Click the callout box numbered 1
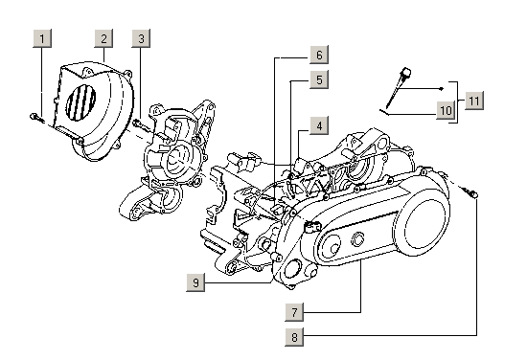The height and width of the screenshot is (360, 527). pos(42,38)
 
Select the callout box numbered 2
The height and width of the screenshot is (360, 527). pos(103,38)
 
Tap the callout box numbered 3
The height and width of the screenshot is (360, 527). pos(141,38)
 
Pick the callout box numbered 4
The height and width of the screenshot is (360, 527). pos(319,125)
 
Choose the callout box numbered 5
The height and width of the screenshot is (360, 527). pos(319,79)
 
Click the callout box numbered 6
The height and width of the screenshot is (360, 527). pos(319,55)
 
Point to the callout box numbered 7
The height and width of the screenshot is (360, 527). pos(294,312)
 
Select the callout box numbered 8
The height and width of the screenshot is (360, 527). pos(294,336)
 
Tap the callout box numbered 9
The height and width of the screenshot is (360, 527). pos(195,282)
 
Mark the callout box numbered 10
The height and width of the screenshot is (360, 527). pos(446,110)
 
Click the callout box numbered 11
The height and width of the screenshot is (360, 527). pos(474,101)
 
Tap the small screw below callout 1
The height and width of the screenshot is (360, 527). pos(36,118)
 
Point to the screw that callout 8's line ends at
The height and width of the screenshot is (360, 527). pos(470,192)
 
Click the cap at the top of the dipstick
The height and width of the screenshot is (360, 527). pos(406,72)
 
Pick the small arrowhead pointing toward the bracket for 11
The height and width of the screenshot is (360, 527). pos(443,89)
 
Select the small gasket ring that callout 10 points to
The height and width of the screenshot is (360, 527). pos(384,112)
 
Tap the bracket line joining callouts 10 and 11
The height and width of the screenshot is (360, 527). pos(457,102)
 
